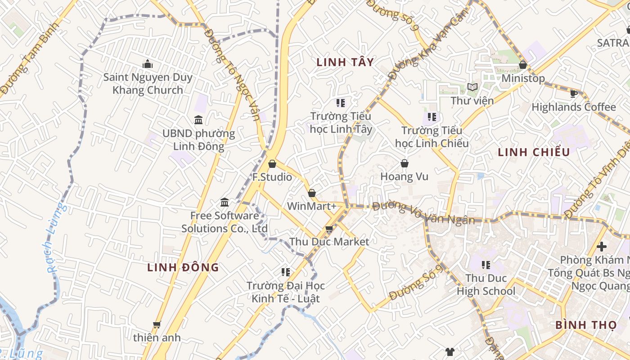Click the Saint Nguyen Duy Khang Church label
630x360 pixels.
coord(148,83)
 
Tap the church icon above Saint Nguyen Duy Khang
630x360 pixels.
coord(148,64)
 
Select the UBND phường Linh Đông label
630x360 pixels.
coord(198,139)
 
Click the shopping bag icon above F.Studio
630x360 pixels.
coord(272,163)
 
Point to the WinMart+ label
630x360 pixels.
coord(312,206)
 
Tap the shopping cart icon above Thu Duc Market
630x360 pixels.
coord(329,229)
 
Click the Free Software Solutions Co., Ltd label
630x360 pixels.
coord(225,222)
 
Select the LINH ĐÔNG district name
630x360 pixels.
coord(183,267)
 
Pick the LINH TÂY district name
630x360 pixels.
coord(345,62)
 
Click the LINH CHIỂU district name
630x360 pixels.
coord(534,152)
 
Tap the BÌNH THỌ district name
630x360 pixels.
coord(585,324)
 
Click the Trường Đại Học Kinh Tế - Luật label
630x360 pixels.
coord(285,292)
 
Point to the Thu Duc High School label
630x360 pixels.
coord(486,284)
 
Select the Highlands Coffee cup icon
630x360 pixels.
coord(573,94)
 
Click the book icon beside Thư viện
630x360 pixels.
coord(472,87)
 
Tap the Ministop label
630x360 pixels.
coord(523,78)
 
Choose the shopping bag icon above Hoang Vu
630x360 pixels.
coord(404,163)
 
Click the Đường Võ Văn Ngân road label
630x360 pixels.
coord(423,213)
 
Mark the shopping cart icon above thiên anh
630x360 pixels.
coord(157,324)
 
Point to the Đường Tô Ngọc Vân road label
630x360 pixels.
coord(232,75)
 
